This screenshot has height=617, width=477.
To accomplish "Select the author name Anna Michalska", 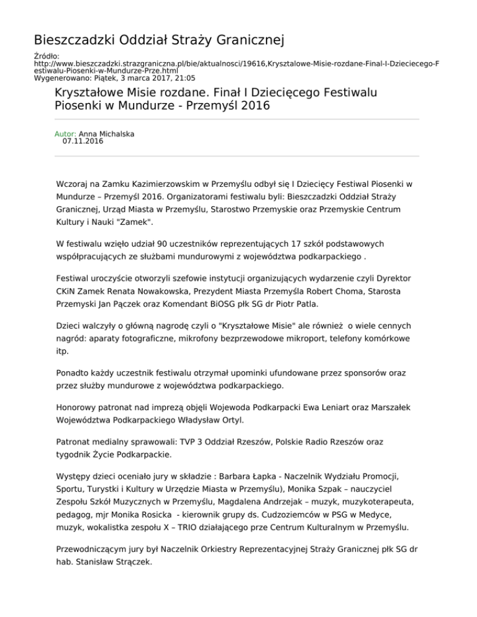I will (x=107, y=133).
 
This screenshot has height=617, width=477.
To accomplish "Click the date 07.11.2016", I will (x=83, y=142).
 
